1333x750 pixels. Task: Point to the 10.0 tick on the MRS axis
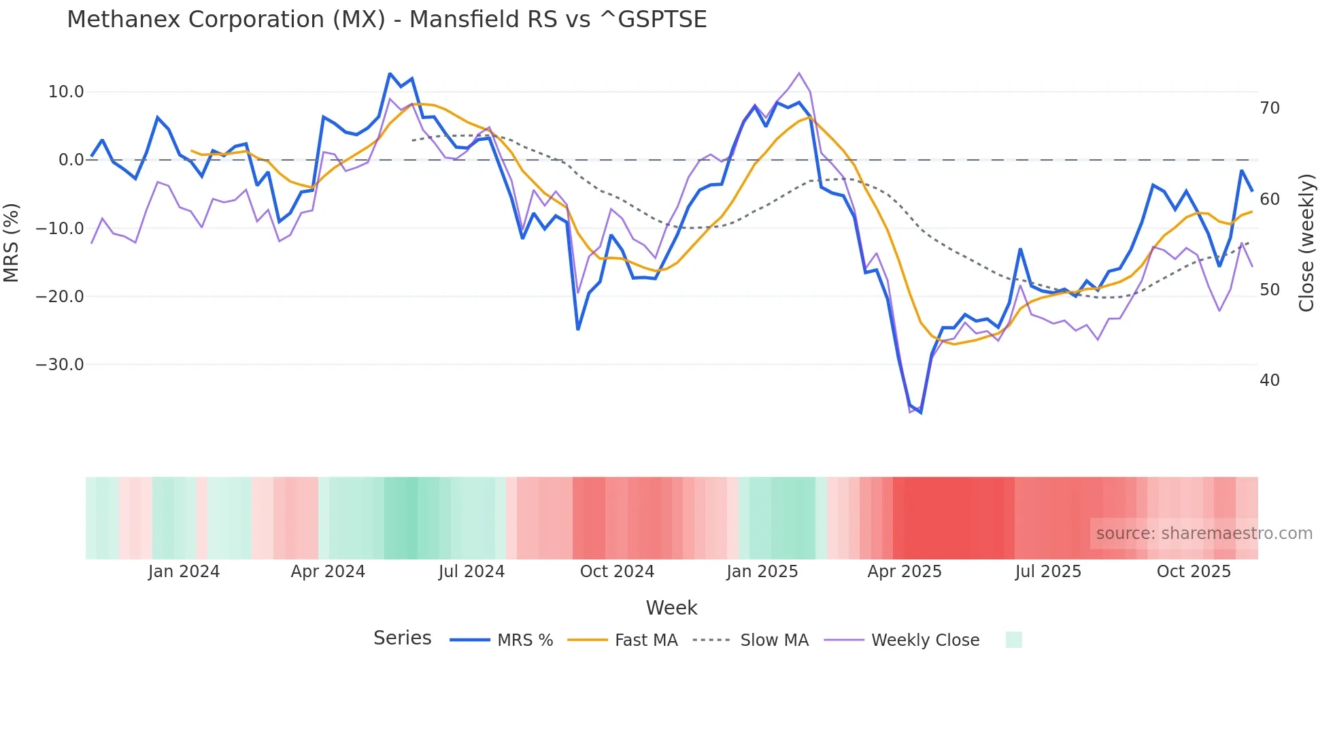pos(66,92)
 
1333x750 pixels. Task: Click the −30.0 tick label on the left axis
pos(60,365)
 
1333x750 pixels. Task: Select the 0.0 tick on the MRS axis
pos(71,160)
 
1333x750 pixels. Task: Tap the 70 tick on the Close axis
pos(1270,108)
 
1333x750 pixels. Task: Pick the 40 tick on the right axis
pos(1270,380)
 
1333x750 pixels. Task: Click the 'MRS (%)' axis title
pos(11,242)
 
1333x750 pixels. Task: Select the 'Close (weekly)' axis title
pos(1306,242)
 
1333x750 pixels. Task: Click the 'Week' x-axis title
pos(671,608)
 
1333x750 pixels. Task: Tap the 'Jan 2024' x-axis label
pos(184,572)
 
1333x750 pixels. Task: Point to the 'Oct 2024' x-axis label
pos(617,572)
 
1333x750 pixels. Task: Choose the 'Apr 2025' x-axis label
pos(905,572)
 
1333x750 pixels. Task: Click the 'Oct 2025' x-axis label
pos(1194,572)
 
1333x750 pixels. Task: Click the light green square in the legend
pos(1013,640)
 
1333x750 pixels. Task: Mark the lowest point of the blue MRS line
pos(921,412)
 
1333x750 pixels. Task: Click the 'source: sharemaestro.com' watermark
pos(1204,534)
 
